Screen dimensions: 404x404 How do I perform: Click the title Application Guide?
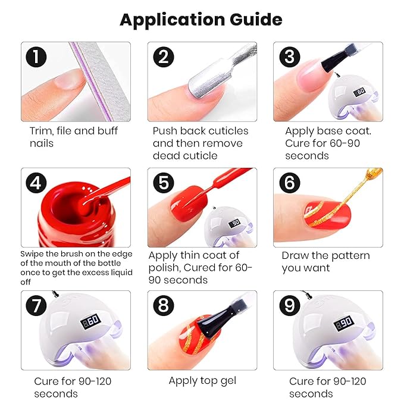coord(201,20)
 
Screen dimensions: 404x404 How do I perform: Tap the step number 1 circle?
coord(37,58)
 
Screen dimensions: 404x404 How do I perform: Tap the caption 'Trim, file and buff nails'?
coord(74,137)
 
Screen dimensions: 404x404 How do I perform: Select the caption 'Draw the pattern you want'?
coord(325,262)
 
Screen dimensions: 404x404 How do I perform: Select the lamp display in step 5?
coord(235,222)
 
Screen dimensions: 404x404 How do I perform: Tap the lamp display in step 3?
coord(360,93)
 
